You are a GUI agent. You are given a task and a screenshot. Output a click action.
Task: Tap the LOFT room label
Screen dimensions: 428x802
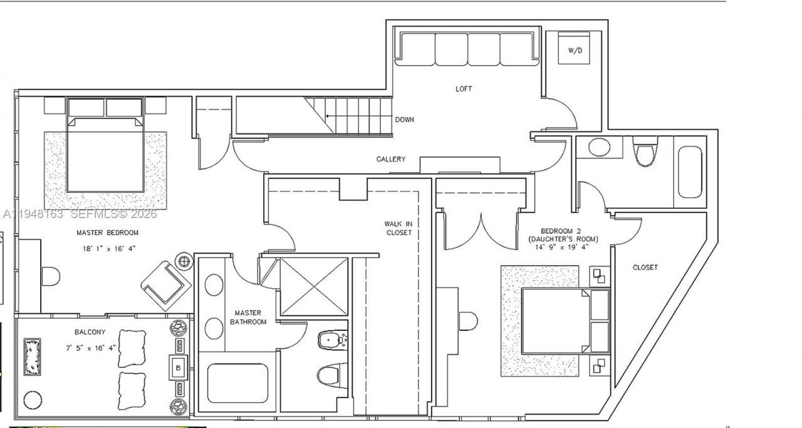pyautogui.click(x=464, y=89)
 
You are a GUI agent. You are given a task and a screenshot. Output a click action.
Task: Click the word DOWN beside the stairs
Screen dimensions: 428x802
pyautogui.click(x=404, y=119)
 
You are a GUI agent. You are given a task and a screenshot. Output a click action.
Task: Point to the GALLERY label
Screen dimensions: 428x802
pyautogui.click(x=390, y=159)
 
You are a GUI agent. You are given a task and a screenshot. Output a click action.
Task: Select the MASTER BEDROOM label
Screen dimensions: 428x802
pyautogui.click(x=107, y=232)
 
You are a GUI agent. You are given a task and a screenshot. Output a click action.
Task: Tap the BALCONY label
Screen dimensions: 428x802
pyautogui.click(x=90, y=332)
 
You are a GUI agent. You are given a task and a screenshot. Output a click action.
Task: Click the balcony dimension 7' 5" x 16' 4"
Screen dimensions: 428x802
pyautogui.click(x=90, y=347)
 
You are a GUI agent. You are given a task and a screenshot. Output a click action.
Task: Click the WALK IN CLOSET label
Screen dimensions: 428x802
pyautogui.click(x=398, y=228)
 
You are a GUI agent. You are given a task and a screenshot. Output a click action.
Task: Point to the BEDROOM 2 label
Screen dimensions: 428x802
pyautogui.click(x=562, y=230)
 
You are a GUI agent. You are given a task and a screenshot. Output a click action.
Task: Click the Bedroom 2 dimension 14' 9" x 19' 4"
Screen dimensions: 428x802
pyautogui.click(x=562, y=248)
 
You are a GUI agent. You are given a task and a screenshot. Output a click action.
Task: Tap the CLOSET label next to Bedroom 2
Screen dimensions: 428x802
pyautogui.click(x=645, y=268)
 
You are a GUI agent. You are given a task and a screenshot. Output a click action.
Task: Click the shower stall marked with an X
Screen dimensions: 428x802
pyautogui.click(x=313, y=286)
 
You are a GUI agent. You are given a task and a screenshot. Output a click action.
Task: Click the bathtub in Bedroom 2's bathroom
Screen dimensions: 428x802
pyautogui.click(x=690, y=172)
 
